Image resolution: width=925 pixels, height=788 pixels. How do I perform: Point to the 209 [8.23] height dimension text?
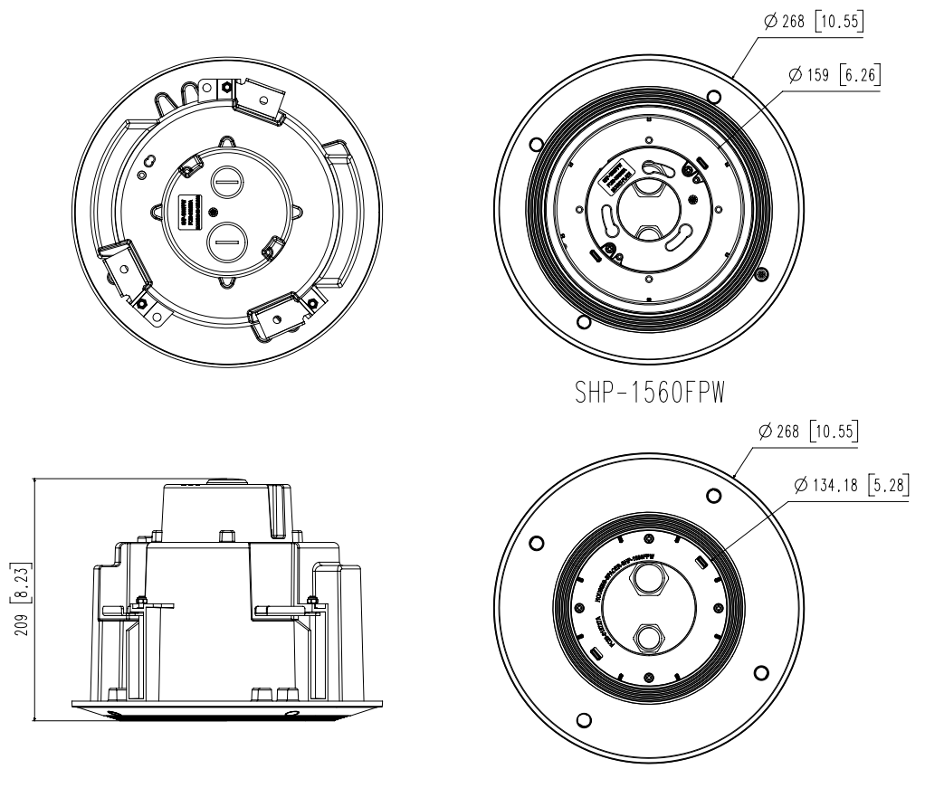click(17, 600)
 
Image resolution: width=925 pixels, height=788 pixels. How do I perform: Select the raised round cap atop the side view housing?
click(226, 479)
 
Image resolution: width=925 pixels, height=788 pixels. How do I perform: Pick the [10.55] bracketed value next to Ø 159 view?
click(839, 21)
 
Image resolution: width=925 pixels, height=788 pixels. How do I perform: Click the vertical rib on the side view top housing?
click(275, 511)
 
